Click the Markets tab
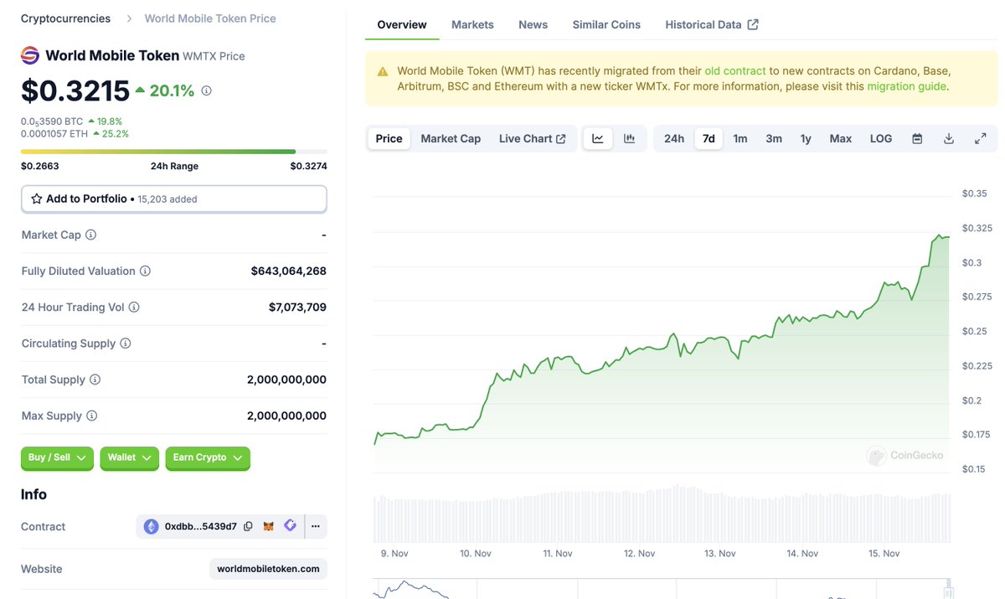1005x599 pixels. pyautogui.click(x=472, y=24)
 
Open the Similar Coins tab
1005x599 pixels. pyautogui.click(x=606, y=24)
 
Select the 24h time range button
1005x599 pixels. pyautogui.click(x=673, y=138)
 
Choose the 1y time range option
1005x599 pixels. pyautogui.click(x=806, y=138)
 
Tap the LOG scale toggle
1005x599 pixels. pyautogui.click(x=881, y=138)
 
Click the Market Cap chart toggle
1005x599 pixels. pyautogui.click(x=451, y=138)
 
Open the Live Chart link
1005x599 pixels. pyautogui.click(x=532, y=138)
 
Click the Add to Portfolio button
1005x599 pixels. pyautogui.click(x=173, y=199)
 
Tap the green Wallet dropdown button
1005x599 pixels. pyautogui.click(x=129, y=457)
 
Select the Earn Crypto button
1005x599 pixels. pyautogui.click(x=207, y=457)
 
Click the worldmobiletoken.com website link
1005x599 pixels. pyautogui.click(x=268, y=569)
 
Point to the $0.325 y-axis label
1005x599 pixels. pyautogui.click(x=977, y=228)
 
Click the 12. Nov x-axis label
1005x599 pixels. pyautogui.click(x=640, y=553)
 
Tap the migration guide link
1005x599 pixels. pyautogui.click(x=906, y=86)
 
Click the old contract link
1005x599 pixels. pyautogui.click(x=735, y=70)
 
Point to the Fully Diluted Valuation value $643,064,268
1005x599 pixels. pyautogui.click(x=288, y=271)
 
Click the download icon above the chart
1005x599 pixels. pyautogui.click(x=949, y=138)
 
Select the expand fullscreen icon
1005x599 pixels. pyautogui.click(x=980, y=138)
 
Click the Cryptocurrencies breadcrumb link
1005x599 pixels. pyautogui.click(x=65, y=18)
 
